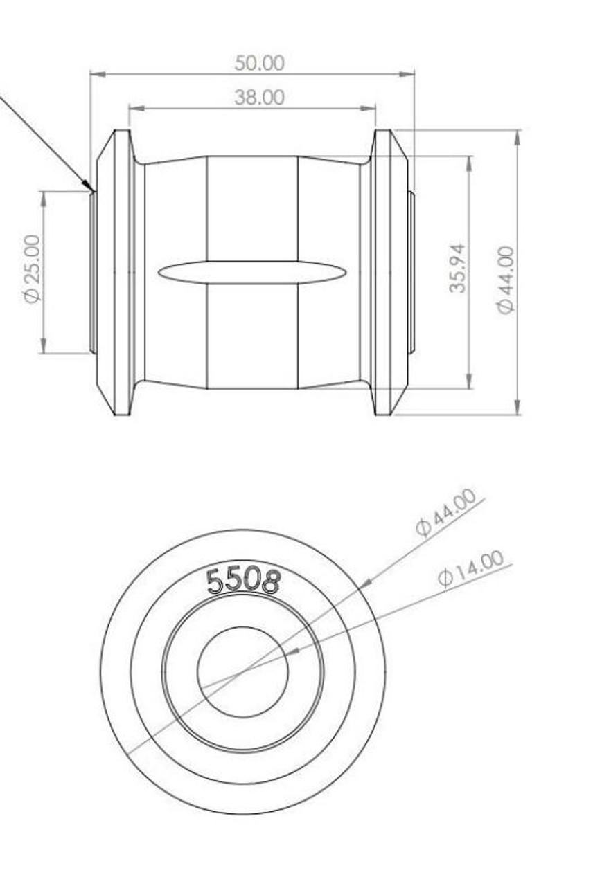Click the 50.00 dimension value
click(x=259, y=63)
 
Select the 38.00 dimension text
click(x=259, y=98)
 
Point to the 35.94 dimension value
click(x=457, y=269)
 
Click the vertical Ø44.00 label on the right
click(x=506, y=280)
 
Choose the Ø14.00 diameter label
click(x=470, y=570)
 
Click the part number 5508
click(x=244, y=581)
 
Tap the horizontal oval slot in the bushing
click(x=251, y=272)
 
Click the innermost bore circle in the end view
click(x=242, y=672)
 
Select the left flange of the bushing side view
click(x=116, y=272)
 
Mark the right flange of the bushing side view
click(x=388, y=272)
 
